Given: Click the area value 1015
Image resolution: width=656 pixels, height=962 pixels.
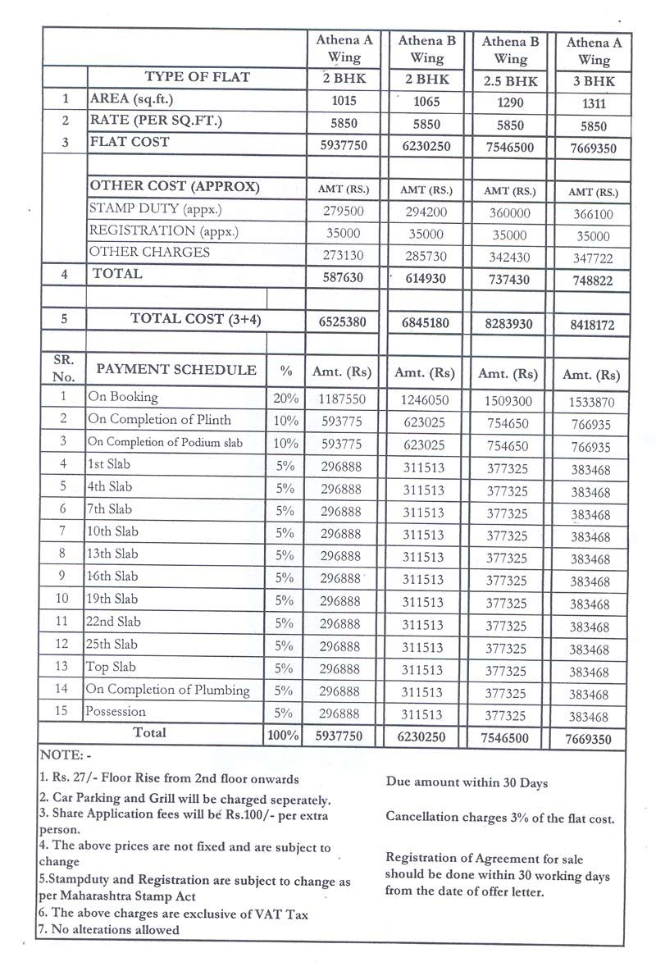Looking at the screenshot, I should pos(344,103).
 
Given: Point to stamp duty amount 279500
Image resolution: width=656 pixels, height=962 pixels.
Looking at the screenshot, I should pos(344,212).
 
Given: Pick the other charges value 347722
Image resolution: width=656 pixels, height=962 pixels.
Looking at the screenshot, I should pos(593,258).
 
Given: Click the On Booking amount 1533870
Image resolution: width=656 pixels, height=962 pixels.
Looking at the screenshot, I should pos(593,403).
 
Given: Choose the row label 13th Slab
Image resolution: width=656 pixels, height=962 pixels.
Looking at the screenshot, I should pos(113,554).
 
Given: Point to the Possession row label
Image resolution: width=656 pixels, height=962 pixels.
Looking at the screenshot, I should pos(116,711).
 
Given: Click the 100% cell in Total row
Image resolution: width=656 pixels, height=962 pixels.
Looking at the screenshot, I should pos(284,736).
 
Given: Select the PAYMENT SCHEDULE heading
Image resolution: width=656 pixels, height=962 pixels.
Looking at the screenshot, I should pos(176,370).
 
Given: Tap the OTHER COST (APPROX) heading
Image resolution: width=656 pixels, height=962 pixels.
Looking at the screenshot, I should pos(174,186).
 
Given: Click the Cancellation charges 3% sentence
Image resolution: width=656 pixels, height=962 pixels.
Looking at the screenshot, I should pos(499,818).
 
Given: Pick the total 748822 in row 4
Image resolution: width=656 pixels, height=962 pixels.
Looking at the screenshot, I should pos(593,280).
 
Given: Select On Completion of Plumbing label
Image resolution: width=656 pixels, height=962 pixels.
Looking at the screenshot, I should pos(168,689).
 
